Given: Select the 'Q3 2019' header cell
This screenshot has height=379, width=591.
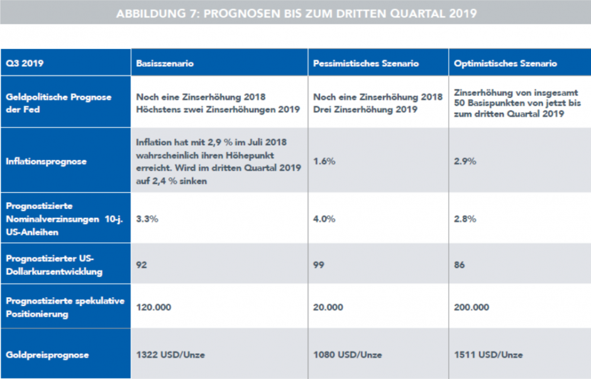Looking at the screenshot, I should coord(21,64).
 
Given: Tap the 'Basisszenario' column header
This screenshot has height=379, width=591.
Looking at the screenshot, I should coord(165,64).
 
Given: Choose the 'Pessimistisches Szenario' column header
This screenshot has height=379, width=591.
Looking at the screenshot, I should coord(366,64).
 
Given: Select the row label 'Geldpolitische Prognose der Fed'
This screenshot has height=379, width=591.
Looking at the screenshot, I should coord(58,103).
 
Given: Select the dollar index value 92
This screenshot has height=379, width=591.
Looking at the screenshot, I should coord(141,265).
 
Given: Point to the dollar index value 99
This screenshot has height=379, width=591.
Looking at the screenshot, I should coord(319,265).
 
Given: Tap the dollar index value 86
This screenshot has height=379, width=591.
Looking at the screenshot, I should coord(459,265).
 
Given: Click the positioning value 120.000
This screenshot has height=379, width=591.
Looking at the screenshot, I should coord(154,307).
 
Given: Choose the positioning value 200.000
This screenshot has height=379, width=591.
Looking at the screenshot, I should coord(471,307).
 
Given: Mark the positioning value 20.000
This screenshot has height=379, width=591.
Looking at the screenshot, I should coord(328,307).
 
